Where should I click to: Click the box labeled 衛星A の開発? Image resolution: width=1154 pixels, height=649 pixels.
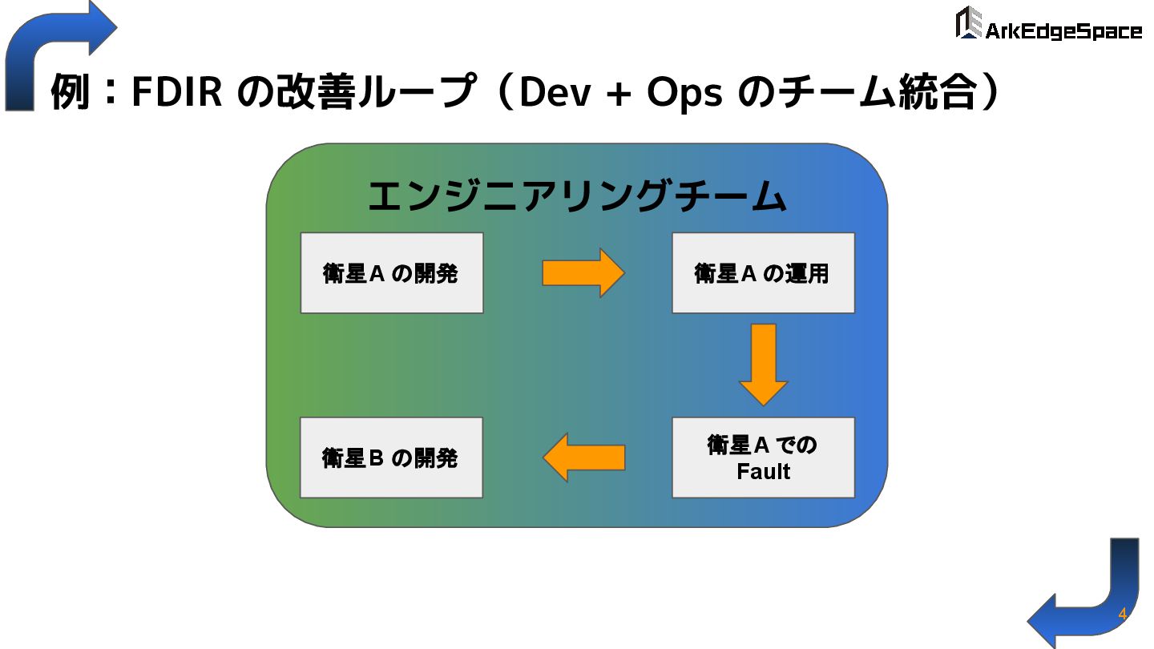pos(391,272)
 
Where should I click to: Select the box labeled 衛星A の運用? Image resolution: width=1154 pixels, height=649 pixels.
pos(763,272)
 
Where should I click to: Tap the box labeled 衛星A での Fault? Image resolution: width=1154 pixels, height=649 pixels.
pos(763,458)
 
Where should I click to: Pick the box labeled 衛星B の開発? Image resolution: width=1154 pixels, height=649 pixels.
pos(391,458)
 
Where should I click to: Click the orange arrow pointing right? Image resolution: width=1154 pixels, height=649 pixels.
pos(583,272)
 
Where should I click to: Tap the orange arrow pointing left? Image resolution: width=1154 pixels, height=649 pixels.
pos(583,458)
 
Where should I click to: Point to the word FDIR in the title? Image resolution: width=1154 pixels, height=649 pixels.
pos(176,93)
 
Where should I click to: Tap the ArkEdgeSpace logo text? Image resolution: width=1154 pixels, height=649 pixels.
pos(1063,31)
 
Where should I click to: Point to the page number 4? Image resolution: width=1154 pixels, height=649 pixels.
pos(1122,615)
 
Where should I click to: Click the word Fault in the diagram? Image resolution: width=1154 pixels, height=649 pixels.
pos(763,471)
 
